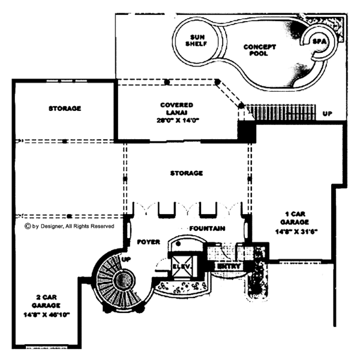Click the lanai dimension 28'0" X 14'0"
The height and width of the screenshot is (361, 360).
[x=176, y=119]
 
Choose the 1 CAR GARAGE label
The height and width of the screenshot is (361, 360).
[x=296, y=216]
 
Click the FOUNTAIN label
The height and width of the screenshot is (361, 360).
[x=207, y=228]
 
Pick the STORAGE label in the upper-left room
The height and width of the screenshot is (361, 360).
[x=64, y=109]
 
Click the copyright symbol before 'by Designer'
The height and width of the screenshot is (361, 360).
[x=27, y=226]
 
